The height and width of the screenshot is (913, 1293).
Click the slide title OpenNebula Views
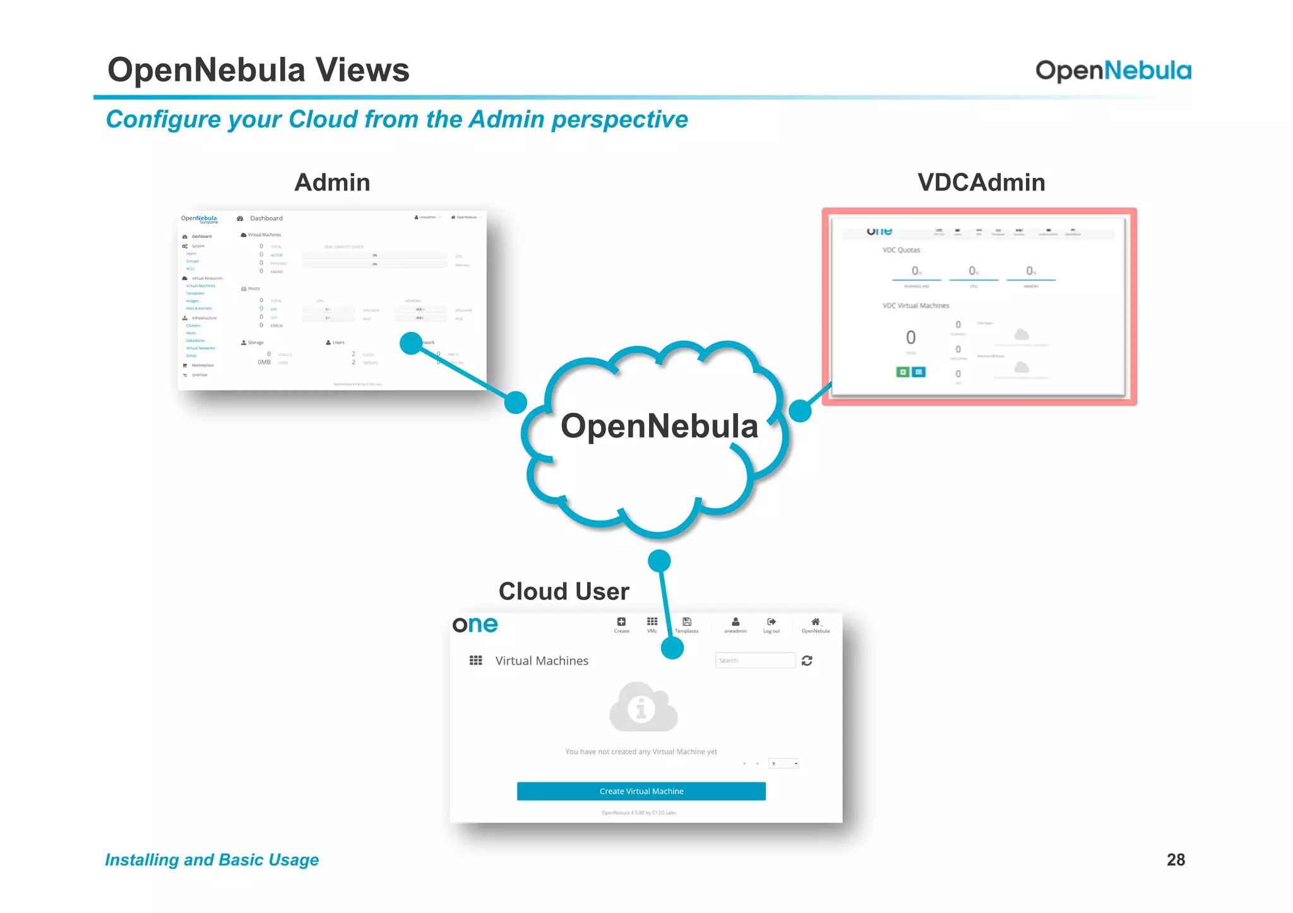258,69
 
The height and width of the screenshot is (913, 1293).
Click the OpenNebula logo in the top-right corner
1112,71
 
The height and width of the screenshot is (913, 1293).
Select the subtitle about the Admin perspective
396,119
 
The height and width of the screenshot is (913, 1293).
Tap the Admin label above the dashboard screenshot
332,182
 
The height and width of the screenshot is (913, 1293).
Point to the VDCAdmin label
981,182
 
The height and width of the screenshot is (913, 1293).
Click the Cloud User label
564,591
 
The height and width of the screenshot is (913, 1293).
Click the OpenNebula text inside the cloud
659,426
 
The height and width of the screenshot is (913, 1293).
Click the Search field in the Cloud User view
754,661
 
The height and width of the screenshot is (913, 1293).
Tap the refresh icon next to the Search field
807,661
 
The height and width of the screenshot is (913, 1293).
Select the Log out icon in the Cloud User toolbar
771,623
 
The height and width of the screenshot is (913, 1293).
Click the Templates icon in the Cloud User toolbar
686,623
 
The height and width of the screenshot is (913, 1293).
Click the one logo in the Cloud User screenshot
475,625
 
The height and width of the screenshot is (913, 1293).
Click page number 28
1176,859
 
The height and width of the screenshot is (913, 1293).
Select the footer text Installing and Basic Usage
212,859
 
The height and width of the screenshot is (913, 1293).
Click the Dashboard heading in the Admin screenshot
266,218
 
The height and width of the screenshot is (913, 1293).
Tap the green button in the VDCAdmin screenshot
903,372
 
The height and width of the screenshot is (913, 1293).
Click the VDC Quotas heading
901,250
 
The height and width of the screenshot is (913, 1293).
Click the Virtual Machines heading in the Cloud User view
541,661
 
